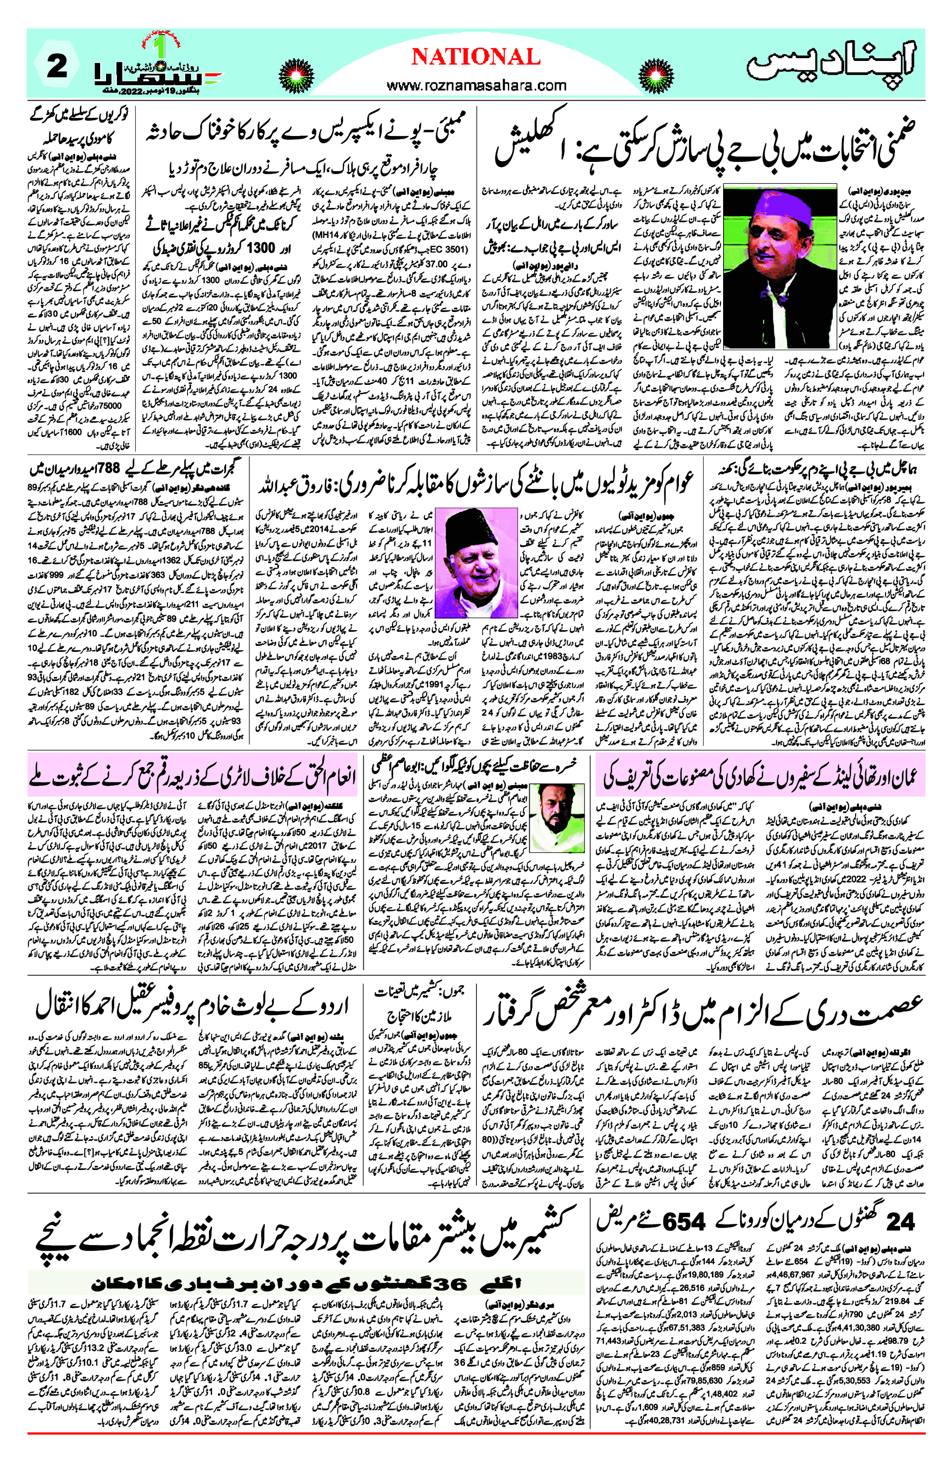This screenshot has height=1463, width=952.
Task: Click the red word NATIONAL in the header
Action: (476, 57)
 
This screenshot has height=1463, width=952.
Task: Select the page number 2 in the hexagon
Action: (56, 66)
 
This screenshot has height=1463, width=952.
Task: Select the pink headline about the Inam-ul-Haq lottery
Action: (192, 776)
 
